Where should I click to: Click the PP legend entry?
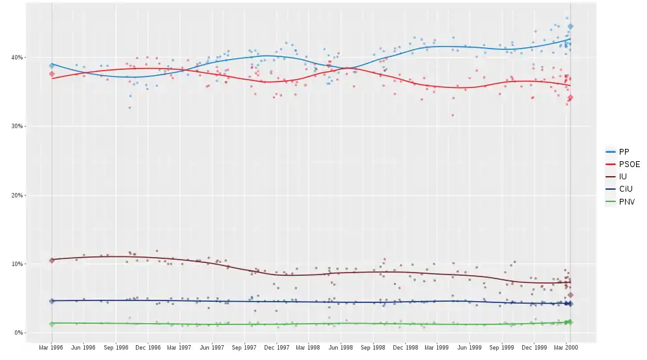click(623, 152)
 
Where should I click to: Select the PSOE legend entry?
click(628, 164)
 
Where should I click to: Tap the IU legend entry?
click(622, 177)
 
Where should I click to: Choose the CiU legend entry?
click(624, 189)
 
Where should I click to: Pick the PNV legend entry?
click(624, 202)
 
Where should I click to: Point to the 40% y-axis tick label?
click(16, 58)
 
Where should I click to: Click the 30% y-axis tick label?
click(16, 126)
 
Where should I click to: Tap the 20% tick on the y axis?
click(16, 196)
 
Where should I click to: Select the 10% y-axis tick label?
click(16, 264)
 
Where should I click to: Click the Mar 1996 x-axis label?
click(52, 348)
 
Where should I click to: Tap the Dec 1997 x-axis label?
click(277, 348)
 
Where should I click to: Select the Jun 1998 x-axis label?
click(341, 348)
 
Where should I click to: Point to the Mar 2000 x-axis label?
click(567, 348)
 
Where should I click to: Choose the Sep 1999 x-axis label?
click(502, 348)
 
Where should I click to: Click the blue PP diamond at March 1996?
click(52, 65)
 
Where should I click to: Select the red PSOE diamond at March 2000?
click(570, 98)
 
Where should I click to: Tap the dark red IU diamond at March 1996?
click(52, 260)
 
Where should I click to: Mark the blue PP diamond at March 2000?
click(570, 27)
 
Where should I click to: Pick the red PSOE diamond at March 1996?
click(52, 74)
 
